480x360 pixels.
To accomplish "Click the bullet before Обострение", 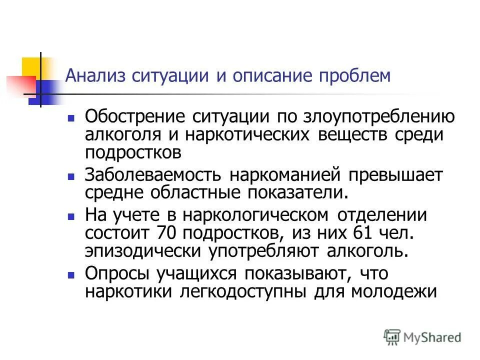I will coord(71,119).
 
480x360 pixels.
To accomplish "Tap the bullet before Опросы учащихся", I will coord(71,275).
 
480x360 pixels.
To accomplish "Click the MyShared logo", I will coord(423,336).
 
